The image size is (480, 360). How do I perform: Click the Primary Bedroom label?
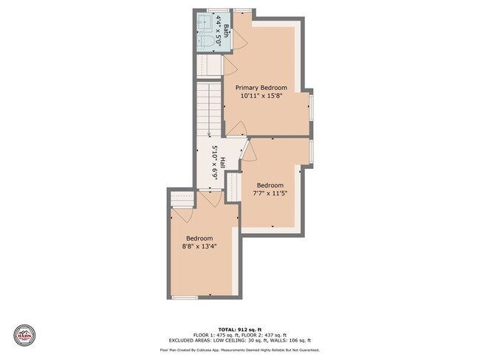tap(261, 87)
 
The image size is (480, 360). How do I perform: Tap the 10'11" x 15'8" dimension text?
tap(261, 96)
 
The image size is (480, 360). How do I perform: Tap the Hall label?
tap(222, 163)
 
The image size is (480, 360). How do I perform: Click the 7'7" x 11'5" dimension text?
tap(270, 194)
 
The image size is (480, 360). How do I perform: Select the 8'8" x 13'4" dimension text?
tap(199, 247)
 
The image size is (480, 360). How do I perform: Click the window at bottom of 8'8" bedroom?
tap(185, 297)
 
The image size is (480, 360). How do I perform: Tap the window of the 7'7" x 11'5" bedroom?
tap(311, 150)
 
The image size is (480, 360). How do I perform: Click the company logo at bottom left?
tap(25, 333)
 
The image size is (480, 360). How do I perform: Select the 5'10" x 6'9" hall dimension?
tap(214, 163)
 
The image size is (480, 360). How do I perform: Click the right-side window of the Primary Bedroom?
tap(311, 105)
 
